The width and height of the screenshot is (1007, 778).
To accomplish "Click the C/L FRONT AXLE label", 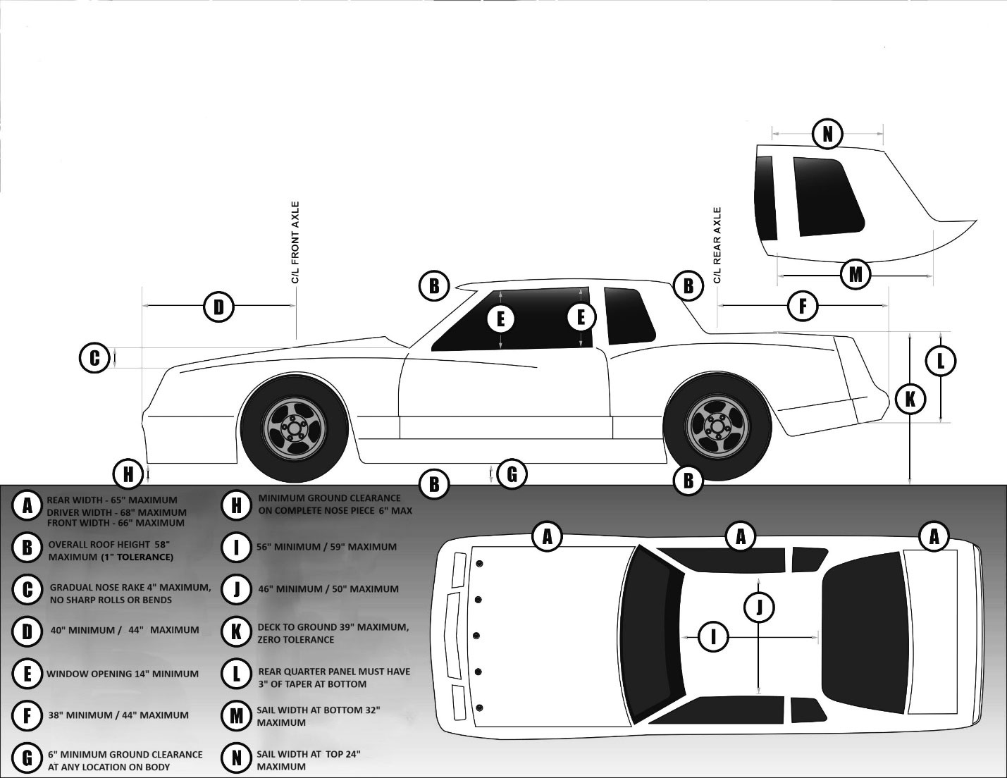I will [295, 243].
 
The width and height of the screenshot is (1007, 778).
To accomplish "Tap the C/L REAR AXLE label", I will [717, 245].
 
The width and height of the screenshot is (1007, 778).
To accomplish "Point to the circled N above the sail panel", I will [827, 134].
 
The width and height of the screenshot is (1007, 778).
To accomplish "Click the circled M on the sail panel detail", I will [855, 273].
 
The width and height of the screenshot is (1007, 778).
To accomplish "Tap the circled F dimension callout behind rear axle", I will [802, 306].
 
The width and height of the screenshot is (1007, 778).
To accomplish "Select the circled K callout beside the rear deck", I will [910, 400].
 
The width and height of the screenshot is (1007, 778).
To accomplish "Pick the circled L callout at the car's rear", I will [940, 362].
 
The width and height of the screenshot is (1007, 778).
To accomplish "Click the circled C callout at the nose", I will [94, 358].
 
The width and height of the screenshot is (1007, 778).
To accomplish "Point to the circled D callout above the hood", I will [218, 307].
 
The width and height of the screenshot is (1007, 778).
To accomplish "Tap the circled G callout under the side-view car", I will [512, 474].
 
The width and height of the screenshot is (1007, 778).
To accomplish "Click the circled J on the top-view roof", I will [759, 607].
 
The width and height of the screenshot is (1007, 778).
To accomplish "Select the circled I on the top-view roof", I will [713, 638].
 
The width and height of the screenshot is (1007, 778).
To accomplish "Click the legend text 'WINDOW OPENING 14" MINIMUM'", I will [123, 674].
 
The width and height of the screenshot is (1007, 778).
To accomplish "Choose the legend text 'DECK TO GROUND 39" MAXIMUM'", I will [333, 627].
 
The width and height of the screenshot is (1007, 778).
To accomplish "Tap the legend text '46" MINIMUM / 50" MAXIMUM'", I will [328, 588].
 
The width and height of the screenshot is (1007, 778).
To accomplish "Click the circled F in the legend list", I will [27, 715].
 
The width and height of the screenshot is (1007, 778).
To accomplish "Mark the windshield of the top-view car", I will [652, 634].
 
